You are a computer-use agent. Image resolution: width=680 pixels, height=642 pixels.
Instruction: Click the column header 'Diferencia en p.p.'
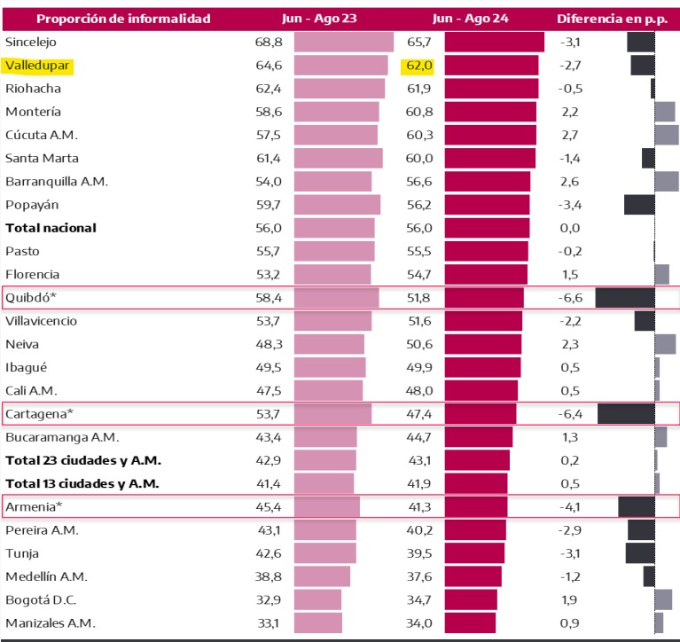(x=610, y=18)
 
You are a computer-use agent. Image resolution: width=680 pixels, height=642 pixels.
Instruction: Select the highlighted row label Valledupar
(x=37, y=66)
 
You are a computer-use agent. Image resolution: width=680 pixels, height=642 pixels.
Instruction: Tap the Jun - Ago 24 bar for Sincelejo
(x=494, y=42)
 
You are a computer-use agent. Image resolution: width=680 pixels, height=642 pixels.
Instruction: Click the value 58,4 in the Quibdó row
(x=269, y=297)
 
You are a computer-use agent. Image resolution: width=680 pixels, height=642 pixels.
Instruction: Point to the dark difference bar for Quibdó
(x=625, y=297)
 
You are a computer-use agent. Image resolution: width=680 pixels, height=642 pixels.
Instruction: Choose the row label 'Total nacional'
(x=51, y=228)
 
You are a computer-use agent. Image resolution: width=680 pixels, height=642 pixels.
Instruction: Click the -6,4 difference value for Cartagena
(x=569, y=413)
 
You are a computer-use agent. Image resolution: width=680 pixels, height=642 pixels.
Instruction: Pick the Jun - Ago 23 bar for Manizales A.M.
(x=318, y=622)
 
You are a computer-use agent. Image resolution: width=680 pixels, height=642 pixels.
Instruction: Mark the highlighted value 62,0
(x=419, y=66)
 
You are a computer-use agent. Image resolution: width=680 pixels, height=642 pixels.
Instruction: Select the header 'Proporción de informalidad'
(x=110, y=18)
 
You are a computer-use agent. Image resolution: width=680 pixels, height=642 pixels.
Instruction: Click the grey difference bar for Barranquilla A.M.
(x=667, y=181)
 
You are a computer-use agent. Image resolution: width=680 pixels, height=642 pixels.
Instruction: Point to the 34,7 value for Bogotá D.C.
(x=419, y=599)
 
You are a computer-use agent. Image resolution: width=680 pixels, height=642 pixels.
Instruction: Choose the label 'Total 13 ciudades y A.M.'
(x=82, y=483)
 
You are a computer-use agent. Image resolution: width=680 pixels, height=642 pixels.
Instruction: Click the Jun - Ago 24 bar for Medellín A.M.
(x=473, y=576)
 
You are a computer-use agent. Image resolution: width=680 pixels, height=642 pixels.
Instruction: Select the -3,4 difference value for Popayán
(x=569, y=204)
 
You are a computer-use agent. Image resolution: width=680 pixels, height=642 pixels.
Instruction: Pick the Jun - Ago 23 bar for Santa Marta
(x=338, y=158)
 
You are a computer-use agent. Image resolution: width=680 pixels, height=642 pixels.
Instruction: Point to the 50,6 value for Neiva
(x=419, y=344)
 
